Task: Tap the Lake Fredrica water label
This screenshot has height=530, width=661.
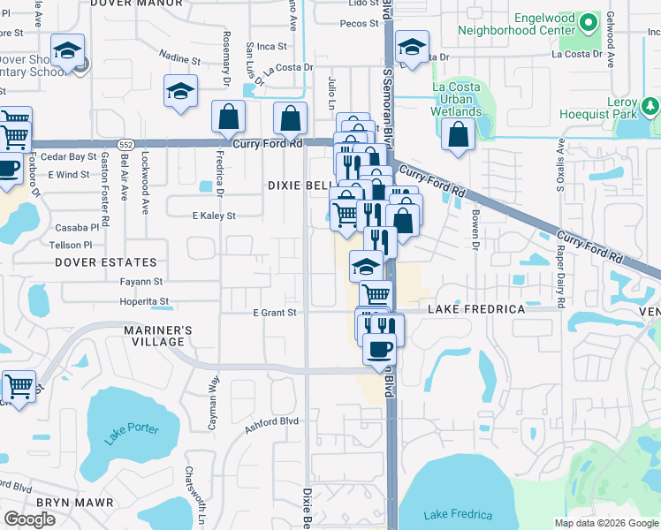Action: pos(449,515)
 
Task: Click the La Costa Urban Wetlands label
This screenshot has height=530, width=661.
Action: pos(457,99)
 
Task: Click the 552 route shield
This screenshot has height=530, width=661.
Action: pos(127,143)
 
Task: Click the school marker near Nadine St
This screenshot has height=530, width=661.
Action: pos(180,91)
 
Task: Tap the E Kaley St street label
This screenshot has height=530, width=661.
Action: pos(214,216)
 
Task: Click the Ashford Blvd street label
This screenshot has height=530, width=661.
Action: pos(271,421)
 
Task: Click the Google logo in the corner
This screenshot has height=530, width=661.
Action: pos(29,519)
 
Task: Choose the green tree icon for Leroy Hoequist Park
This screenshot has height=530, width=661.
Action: pos(650,107)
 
